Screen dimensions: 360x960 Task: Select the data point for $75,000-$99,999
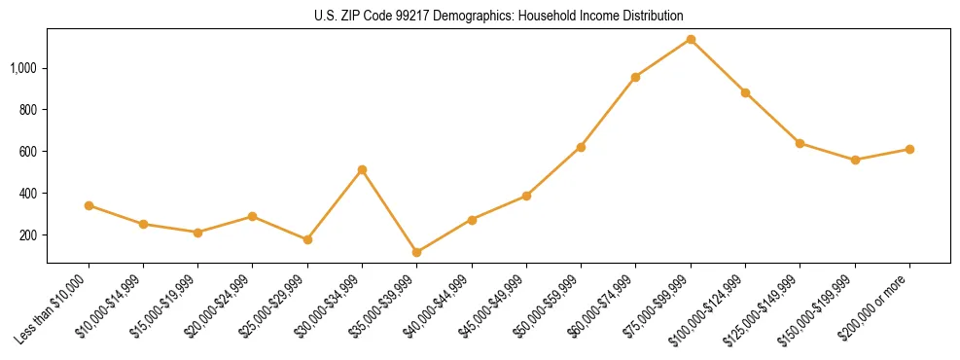click(691, 40)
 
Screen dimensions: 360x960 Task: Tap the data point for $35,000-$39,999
click(416, 252)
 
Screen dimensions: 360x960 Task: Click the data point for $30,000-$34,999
click(362, 169)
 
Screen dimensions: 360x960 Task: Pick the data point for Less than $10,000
click(89, 205)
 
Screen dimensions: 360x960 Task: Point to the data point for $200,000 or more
click(909, 149)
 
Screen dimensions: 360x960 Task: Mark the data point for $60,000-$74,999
click(635, 77)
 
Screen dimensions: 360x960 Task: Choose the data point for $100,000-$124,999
click(745, 92)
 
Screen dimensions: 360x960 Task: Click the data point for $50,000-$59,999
click(581, 147)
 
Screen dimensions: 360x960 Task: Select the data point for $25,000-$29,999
click(307, 239)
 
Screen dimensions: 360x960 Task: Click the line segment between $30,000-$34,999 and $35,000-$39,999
click(389, 211)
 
